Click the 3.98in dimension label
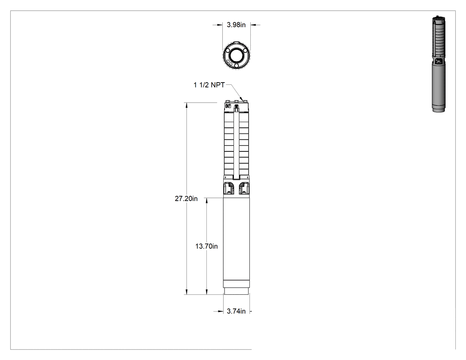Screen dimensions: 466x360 click(236, 25)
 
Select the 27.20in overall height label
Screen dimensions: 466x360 click(186, 198)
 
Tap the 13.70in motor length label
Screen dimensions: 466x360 click(206, 246)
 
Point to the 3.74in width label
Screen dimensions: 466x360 click(236, 311)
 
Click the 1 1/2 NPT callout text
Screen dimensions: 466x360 click(209, 85)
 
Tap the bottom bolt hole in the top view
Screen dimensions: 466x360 click(237, 65)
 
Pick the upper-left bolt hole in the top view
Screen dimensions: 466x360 click(228, 51)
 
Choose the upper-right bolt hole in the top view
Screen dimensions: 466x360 click(245, 51)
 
